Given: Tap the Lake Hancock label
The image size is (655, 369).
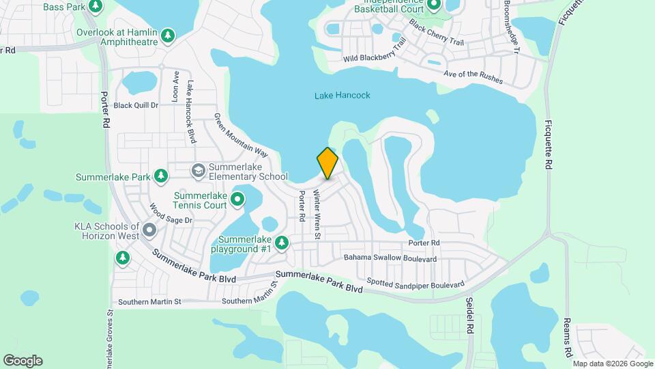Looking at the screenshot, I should [x=343, y=96].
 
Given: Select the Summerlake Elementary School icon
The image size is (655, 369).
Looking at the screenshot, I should [x=199, y=169].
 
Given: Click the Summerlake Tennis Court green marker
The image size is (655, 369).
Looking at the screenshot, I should [x=237, y=200].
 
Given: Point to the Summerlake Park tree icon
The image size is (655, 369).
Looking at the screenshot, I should [x=161, y=177].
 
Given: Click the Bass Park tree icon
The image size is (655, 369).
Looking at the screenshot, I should [x=96, y=7].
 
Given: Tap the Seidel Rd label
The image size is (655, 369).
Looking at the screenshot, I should [x=469, y=314].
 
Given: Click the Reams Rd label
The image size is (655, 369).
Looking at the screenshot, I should [x=568, y=338].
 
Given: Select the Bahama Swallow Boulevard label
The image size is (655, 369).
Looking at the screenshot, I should [x=390, y=258].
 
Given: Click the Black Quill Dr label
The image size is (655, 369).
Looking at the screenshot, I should [x=136, y=105].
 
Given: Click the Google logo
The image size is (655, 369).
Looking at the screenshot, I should [x=23, y=361].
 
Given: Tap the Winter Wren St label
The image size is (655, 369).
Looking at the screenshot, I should [x=317, y=215].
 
